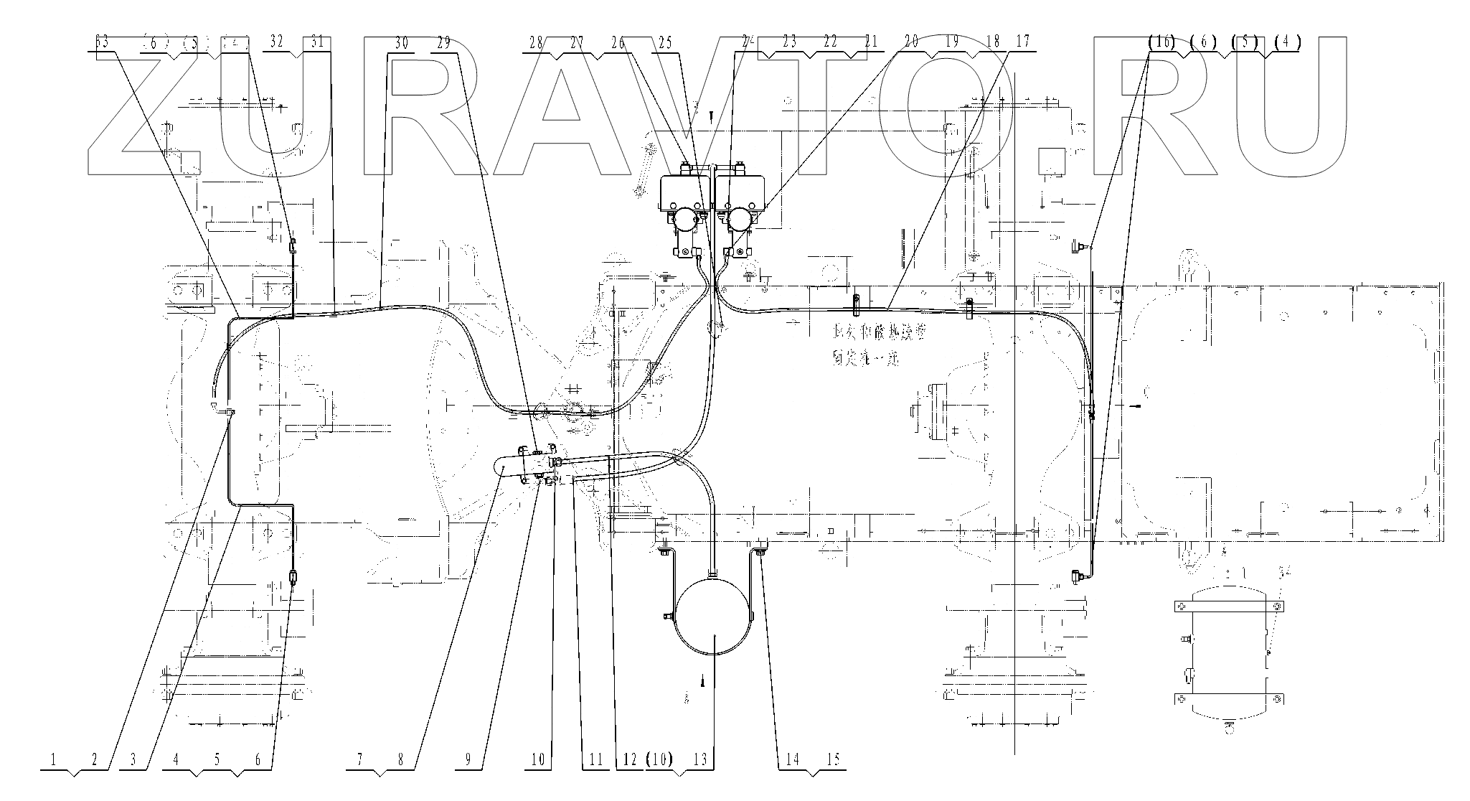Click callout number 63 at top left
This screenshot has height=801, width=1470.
point(103,42)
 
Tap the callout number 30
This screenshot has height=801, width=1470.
point(402,42)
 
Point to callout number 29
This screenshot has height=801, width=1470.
point(443,42)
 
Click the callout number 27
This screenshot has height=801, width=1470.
point(577,42)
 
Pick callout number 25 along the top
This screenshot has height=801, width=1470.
point(665,42)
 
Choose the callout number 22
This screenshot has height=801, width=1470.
point(830,42)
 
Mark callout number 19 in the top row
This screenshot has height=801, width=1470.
point(952,42)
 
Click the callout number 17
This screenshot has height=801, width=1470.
point(1023,42)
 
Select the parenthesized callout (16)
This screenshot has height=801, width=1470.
point(1161,42)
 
